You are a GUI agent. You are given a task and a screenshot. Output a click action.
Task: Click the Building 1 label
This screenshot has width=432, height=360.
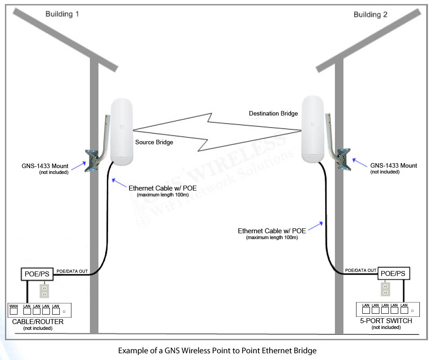(62, 14)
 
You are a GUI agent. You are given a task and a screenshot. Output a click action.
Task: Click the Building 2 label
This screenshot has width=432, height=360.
(370, 14)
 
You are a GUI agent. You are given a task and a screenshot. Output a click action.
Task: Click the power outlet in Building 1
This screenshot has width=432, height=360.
(44, 291)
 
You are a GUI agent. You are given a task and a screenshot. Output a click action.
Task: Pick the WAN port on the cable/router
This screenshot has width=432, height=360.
(14, 311)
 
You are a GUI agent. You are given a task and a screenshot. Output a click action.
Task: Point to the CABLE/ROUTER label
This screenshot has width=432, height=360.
(38, 322)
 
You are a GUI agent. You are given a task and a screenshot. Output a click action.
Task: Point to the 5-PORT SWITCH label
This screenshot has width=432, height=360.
(386, 321)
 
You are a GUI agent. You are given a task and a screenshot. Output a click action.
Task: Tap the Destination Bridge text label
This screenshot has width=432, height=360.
(273, 114)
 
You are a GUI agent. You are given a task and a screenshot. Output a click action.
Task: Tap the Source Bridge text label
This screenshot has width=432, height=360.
(154, 142)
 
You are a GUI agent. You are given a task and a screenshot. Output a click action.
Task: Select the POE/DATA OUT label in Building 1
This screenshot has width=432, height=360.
(72, 272)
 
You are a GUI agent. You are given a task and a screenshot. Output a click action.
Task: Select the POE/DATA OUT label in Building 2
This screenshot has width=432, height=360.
(361, 270)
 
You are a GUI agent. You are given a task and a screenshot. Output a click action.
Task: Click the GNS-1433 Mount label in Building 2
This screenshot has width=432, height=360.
(393, 165)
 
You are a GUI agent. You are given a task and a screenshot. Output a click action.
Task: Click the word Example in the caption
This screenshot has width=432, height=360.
(132, 350)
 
